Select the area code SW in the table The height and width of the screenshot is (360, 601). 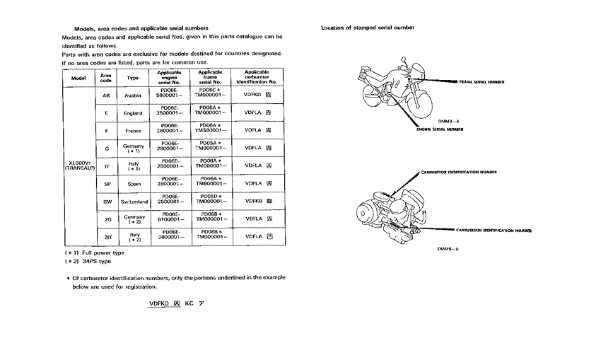[x=106, y=202]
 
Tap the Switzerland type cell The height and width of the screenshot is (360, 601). [x=133, y=202]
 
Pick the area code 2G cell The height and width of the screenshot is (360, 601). [x=106, y=219]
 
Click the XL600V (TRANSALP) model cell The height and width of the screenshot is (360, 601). [x=78, y=166]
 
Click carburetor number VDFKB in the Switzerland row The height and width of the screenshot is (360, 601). [x=258, y=201]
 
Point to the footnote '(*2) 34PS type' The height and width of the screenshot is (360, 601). [x=88, y=262]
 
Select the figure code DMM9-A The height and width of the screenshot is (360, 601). [x=439, y=122]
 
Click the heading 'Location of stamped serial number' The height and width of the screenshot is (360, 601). [x=368, y=28]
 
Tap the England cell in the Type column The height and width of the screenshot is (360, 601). [x=133, y=113]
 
